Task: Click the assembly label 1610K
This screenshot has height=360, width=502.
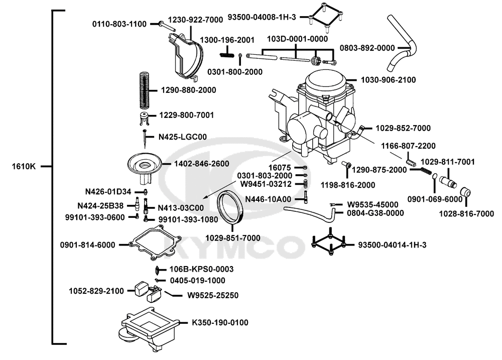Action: [x=24, y=166]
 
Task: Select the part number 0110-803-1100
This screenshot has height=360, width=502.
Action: [x=119, y=24]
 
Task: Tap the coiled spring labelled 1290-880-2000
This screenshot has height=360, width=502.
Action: [x=145, y=90]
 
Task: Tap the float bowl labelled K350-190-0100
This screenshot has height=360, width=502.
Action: [x=146, y=326]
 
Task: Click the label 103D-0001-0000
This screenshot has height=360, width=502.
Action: [x=297, y=39]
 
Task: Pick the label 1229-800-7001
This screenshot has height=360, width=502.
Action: [x=187, y=115]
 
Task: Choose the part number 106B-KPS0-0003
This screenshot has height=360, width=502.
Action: [x=201, y=270]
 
